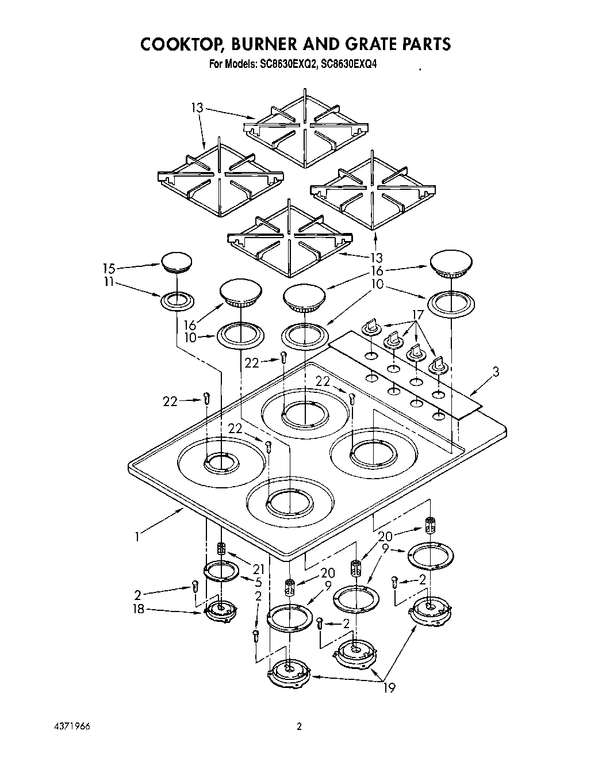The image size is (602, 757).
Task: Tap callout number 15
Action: pos(109,268)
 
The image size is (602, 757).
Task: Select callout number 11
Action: pos(108,282)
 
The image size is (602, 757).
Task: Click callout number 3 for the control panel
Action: pos(495,372)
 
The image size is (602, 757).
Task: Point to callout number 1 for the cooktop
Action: pos(137,537)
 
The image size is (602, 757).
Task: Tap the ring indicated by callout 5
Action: pos(221,571)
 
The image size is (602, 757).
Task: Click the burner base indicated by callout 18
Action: pos(220,609)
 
